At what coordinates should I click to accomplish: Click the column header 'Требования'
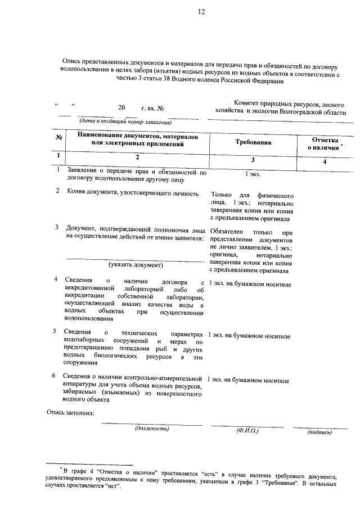(253, 142)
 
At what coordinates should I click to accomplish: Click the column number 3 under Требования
(253, 160)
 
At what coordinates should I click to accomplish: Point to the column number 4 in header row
(324, 162)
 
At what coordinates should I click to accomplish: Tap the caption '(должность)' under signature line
(152, 429)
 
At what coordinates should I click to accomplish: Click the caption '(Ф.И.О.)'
(247, 431)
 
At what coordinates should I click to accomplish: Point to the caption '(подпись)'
(319, 432)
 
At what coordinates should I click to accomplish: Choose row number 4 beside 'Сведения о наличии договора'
(55, 279)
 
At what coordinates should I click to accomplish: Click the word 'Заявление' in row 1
(84, 170)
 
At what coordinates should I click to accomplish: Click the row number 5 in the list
(55, 331)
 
